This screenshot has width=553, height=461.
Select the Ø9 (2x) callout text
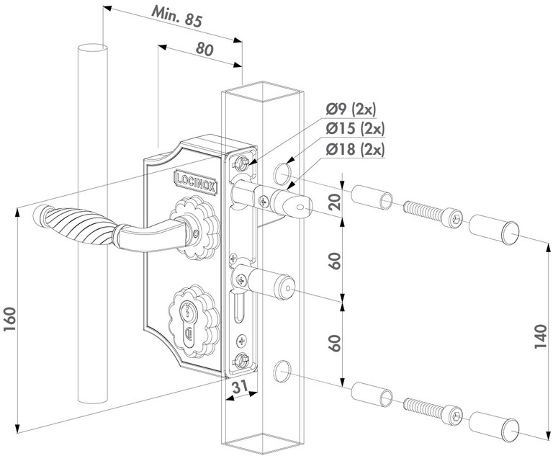pos(351,109)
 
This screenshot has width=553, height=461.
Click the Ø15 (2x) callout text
pos(354,129)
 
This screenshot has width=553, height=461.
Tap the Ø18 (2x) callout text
pos(354,149)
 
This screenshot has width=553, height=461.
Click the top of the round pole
pos(92,48)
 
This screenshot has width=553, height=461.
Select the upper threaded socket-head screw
pos(430,213)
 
